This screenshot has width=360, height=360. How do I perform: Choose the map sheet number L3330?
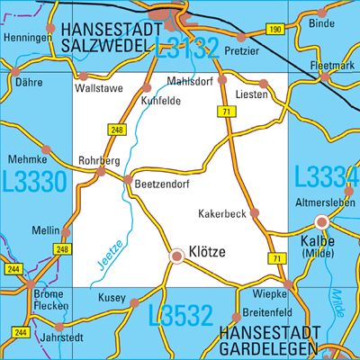click(33, 181)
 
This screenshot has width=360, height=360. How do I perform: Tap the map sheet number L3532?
click(180, 315)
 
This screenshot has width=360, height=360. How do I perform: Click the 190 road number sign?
click(275, 31)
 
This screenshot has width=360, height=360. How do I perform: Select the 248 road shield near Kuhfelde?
click(116, 130)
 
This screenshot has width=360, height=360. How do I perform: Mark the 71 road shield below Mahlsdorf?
click(221, 111)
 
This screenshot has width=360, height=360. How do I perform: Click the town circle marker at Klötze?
click(176, 257)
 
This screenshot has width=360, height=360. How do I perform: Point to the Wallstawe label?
click(97, 90)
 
